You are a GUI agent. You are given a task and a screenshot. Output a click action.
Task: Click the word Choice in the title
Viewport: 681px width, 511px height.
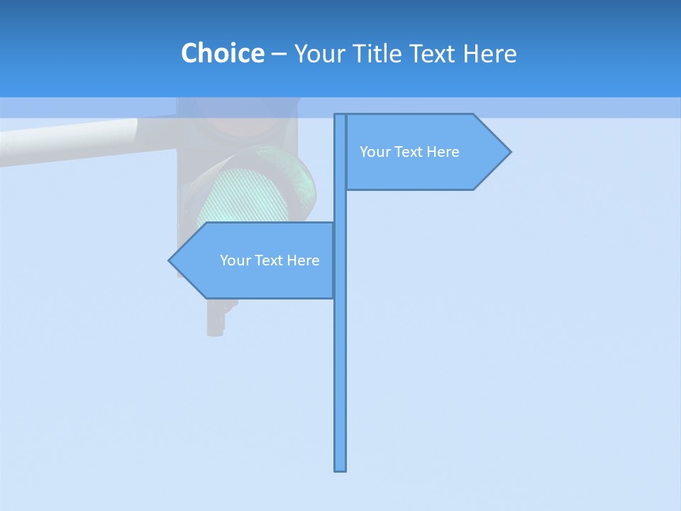(222, 53)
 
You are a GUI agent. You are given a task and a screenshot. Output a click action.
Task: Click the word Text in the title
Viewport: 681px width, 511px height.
(431, 53)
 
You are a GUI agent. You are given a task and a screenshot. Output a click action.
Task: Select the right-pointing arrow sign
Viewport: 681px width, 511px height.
(426, 152)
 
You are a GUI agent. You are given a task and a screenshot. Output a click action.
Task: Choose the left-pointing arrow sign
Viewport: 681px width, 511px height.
(255, 260)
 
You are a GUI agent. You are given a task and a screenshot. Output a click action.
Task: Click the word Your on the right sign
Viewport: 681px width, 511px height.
(375, 152)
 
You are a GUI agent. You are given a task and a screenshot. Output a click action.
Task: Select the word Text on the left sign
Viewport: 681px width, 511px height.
(269, 260)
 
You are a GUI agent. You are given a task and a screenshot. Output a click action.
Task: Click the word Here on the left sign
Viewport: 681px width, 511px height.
(302, 260)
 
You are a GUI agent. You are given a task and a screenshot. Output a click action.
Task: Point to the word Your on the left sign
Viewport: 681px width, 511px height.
(235, 260)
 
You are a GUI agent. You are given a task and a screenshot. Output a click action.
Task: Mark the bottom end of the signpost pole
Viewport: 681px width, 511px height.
(340, 468)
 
